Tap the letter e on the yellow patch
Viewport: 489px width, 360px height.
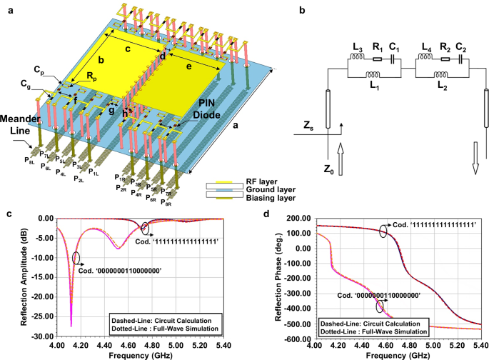(188, 66)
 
